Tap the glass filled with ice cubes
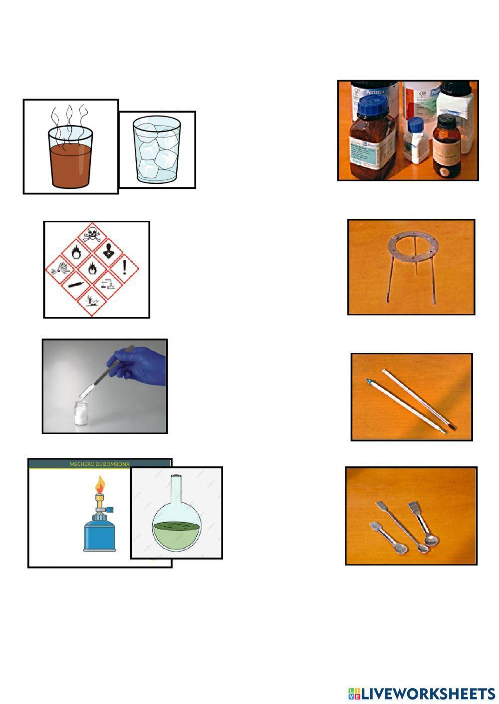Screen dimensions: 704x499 click(157, 152)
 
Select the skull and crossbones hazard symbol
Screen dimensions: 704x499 click(91, 233)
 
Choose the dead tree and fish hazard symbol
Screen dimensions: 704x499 click(92, 301)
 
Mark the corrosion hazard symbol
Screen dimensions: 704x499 click(108, 285)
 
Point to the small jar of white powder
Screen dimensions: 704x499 click(81, 414)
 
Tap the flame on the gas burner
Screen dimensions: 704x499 click(100, 483)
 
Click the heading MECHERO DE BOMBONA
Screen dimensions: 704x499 click(99, 464)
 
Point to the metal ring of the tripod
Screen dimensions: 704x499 click(412, 243)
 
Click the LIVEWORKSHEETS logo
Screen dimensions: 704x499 click(422, 693)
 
